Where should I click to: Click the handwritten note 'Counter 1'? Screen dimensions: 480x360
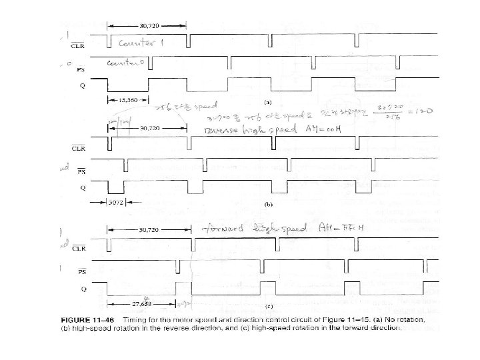[143, 43]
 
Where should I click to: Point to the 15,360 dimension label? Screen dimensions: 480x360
[122, 100]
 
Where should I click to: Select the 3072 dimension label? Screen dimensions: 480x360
[117, 201]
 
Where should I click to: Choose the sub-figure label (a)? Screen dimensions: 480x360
[267, 102]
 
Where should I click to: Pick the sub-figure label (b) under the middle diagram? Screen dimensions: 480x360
[267, 202]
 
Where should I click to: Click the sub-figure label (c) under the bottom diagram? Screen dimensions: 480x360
[267, 307]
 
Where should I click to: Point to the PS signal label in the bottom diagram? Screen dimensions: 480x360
[81, 272]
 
